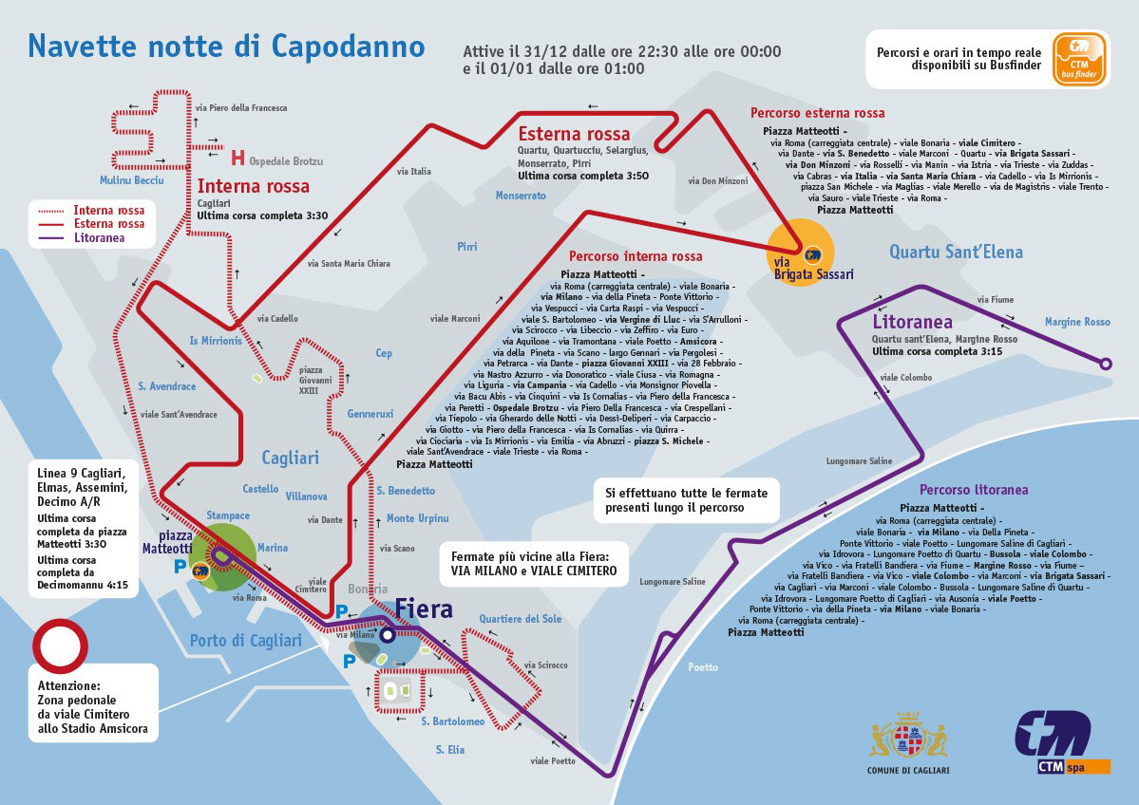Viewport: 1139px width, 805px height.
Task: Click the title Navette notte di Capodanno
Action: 226,45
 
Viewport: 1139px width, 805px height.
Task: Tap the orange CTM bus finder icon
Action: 1079,60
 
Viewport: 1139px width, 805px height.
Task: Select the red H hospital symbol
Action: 237,158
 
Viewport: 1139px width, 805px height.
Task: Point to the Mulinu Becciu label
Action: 131,180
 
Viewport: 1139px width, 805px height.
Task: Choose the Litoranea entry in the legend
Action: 99,237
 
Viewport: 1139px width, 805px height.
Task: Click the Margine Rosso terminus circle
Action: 1106,363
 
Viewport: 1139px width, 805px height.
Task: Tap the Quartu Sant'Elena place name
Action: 956,252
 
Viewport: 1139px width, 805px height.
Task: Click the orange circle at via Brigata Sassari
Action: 801,253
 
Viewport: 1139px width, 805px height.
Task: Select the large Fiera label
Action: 424,608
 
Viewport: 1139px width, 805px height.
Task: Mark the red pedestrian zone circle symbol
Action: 60,647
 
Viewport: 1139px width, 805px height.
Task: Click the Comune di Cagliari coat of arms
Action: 909,737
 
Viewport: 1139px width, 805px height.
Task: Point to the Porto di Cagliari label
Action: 245,641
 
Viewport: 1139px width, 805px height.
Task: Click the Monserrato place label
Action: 521,196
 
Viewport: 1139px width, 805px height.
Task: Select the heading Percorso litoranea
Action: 974,491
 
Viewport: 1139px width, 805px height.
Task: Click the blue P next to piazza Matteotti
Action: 179,567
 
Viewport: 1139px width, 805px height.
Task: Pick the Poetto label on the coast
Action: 703,667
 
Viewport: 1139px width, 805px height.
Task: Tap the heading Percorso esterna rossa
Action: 817,113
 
